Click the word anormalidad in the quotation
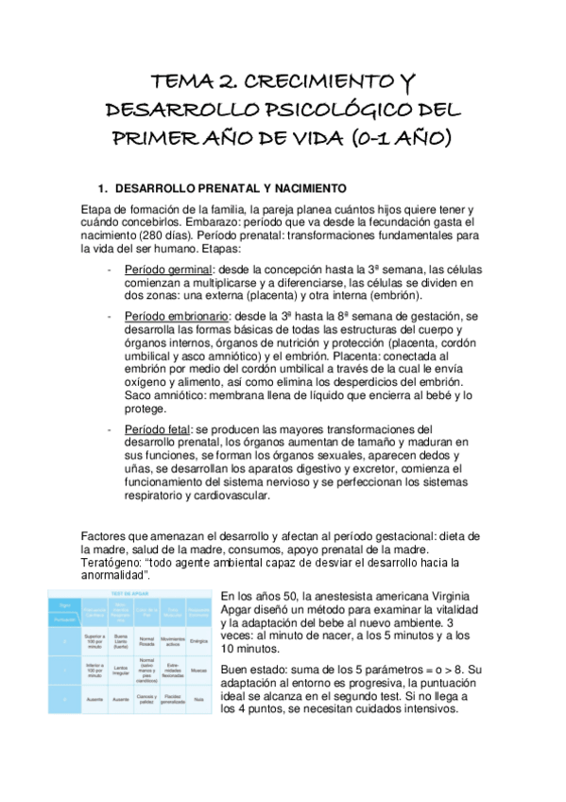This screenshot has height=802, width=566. coord(114,575)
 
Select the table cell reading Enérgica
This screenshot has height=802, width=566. coord(197,640)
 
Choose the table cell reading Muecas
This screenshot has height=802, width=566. coord(197,670)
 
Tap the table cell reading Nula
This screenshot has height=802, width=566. coord(197,701)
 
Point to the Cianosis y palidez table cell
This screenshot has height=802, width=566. coord(146,701)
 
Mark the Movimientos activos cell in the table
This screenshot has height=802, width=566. coord(172,640)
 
